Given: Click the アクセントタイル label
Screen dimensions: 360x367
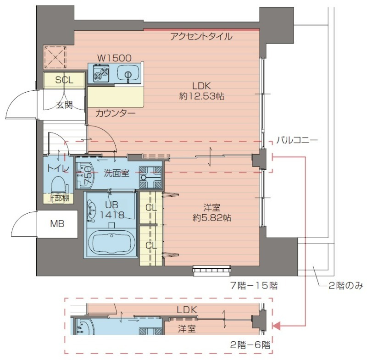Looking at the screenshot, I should click(201, 37).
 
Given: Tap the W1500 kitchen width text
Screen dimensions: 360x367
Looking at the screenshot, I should click(114, 58).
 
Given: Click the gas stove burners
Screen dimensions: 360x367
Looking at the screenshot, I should click(101, 73).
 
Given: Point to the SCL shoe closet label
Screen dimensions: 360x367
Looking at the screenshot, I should click(64, 80).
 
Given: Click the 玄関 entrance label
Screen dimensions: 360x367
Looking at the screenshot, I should click(64, 104).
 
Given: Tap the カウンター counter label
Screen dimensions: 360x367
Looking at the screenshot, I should click(115, 113).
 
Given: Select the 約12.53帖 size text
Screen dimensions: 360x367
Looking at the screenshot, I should click(201, 96).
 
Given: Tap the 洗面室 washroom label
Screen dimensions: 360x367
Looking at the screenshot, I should click(116, 173).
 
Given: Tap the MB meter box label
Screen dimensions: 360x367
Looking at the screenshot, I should click(57, 224).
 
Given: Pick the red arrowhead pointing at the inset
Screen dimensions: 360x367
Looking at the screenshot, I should click(276, 326).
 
